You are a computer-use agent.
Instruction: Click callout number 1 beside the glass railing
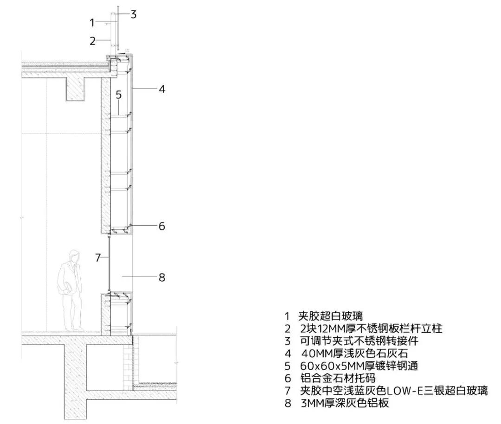click(x=92, y=23)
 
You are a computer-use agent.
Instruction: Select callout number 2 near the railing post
click(x=92, y=41)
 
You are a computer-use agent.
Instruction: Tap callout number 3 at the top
click(x=134, y=14)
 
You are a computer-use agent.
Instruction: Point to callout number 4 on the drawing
click(x=162, y=89)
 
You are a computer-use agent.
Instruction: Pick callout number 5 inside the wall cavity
click(x=119, y=95)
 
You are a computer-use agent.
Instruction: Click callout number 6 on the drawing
click(x=162, y=226)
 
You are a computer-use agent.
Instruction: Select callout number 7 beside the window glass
click(x=98, y=257)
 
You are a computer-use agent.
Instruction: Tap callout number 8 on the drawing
click(x=162, y=277)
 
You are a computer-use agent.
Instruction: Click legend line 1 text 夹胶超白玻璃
click(x=330, y=316)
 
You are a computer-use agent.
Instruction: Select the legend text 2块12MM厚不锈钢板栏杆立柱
click(x=371, y=329)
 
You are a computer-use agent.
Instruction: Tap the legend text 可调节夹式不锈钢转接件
click(x=359, y=341)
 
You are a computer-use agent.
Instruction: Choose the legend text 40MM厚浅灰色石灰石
click(x=355, y=354)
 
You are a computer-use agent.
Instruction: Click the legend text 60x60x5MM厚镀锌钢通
click(x=359, y=366)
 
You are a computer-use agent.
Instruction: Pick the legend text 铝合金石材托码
click(x=338, y=378)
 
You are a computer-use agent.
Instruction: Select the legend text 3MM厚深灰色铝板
click(x=345, y=403)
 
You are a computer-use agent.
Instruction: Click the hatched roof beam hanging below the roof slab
click(x=76, y=89)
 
